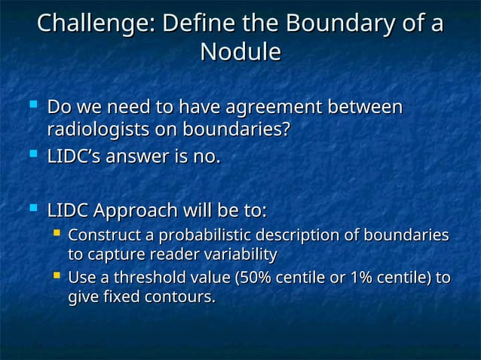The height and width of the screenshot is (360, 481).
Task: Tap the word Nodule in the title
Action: tap(240, 52)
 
